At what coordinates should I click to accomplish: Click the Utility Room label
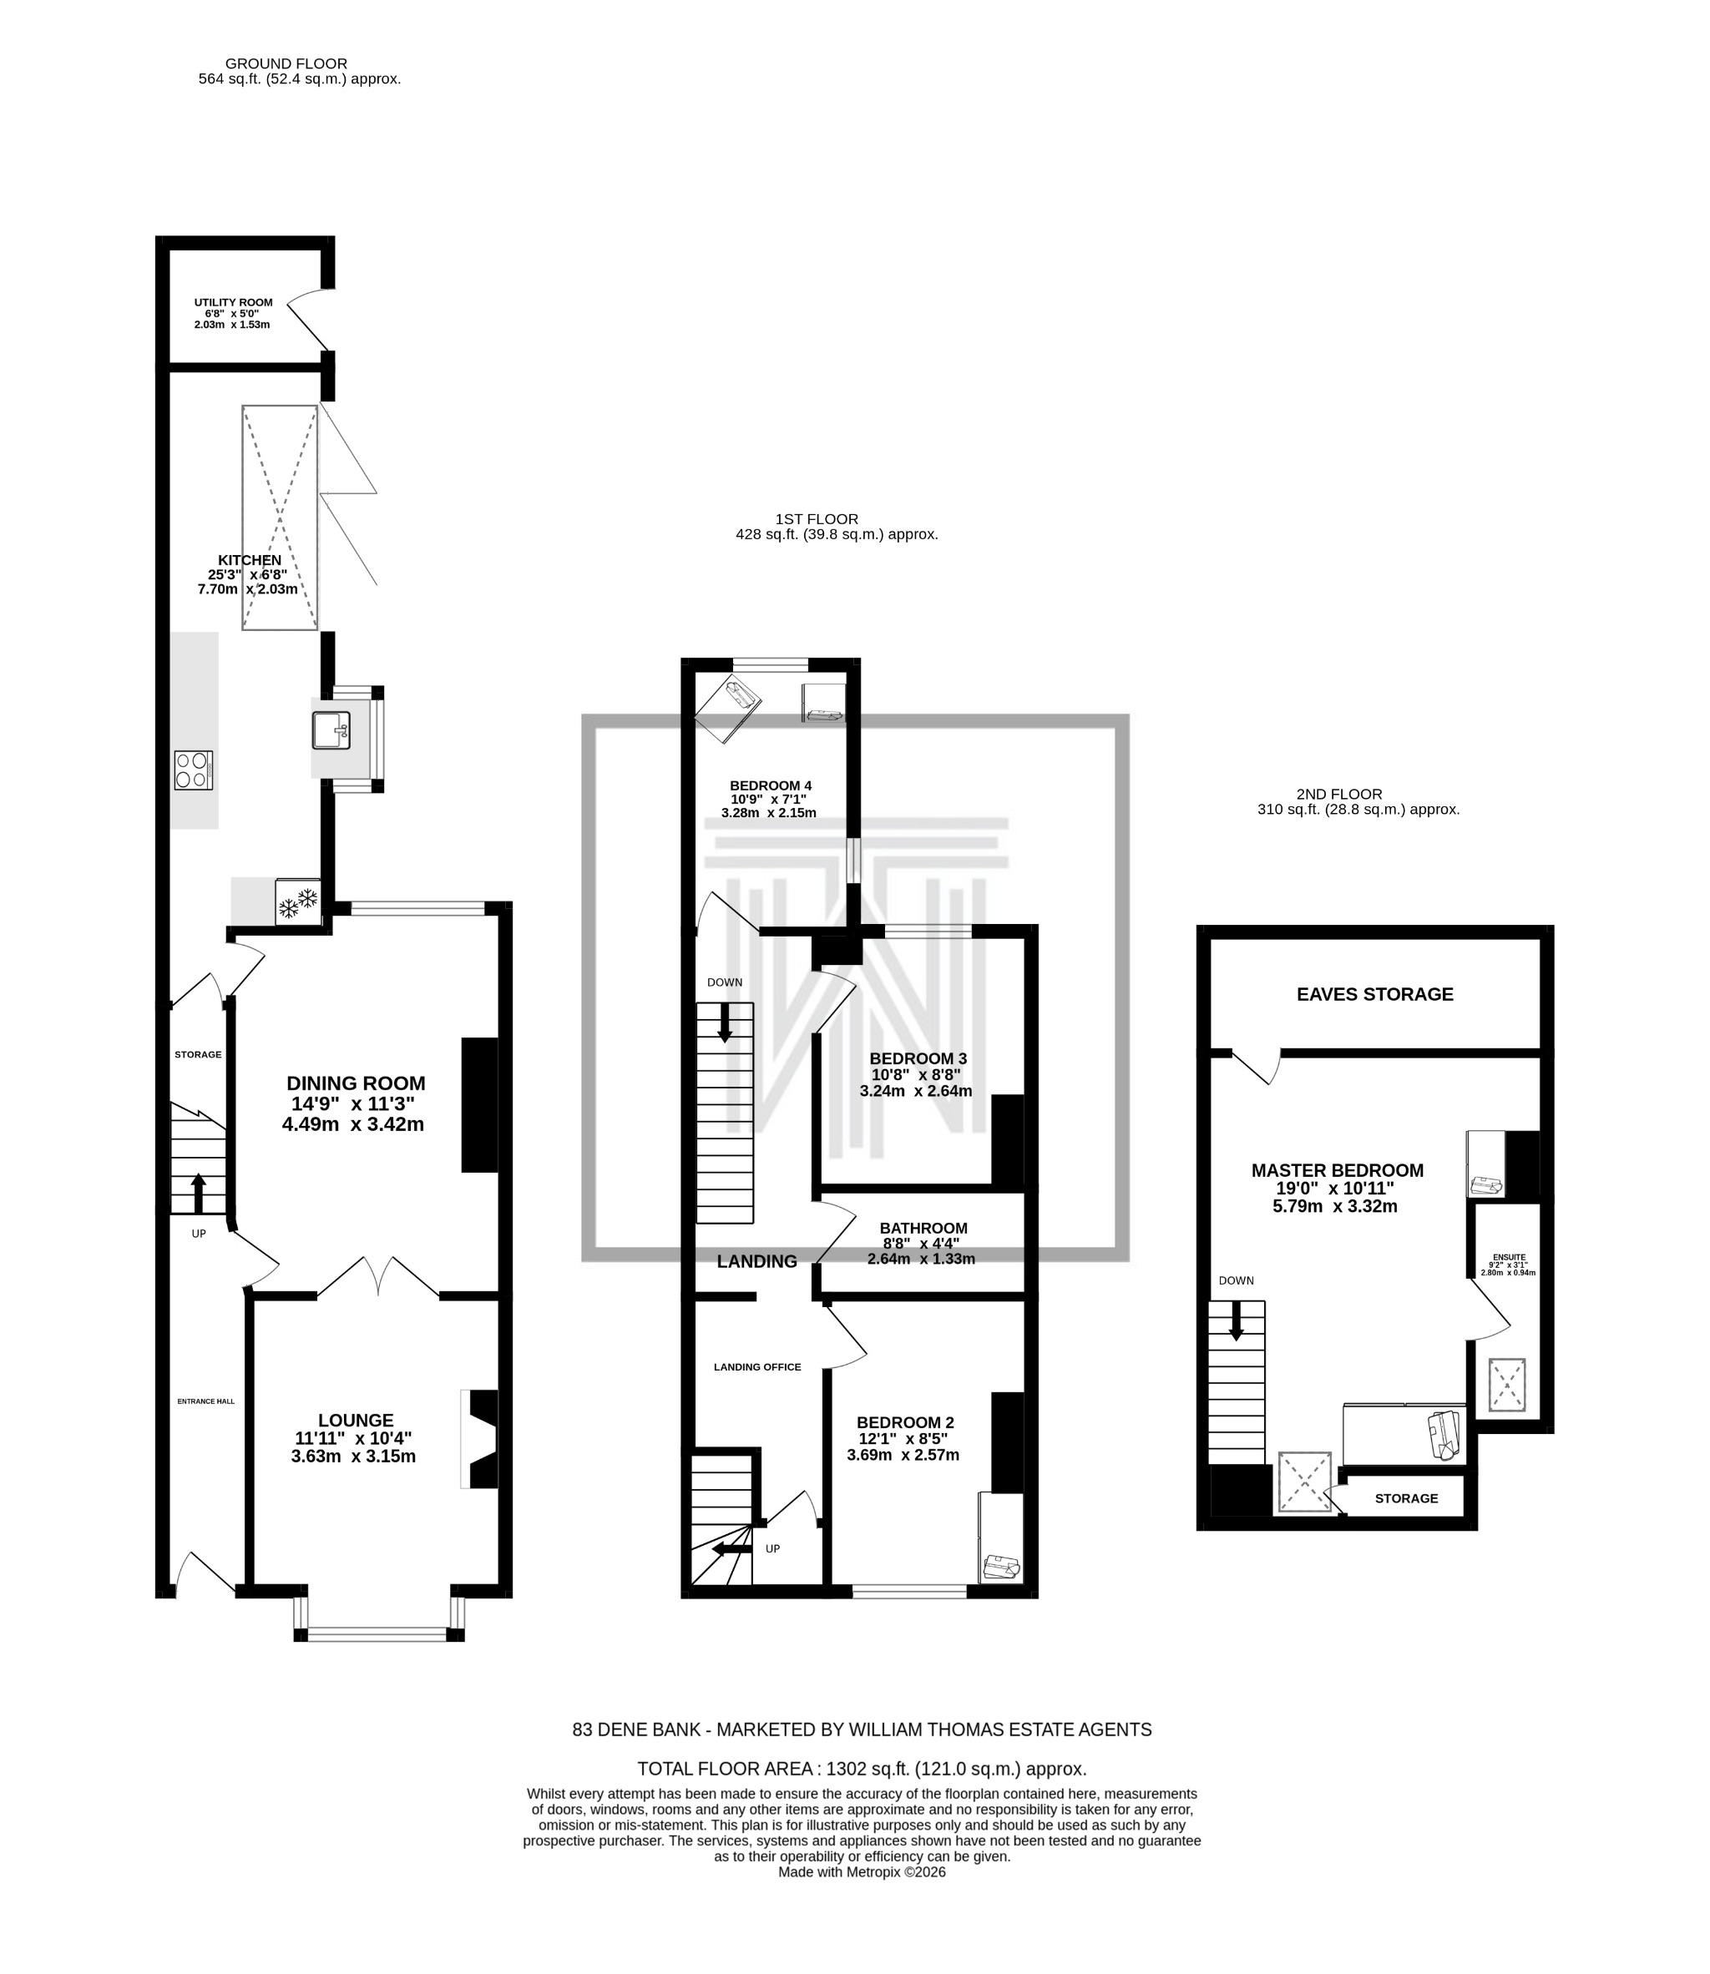(233, 302)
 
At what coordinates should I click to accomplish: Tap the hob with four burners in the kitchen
(193, 770)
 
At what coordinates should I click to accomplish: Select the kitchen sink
(331, 731)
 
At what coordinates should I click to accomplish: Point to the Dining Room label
(355, 1083)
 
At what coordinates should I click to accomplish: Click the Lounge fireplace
(480, 1439)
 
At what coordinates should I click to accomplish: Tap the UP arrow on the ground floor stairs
(199, 1193)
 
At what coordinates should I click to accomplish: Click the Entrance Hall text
(205, 1401)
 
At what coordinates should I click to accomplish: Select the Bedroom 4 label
(770, 786)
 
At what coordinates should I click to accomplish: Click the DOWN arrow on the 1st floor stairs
(724, 1022)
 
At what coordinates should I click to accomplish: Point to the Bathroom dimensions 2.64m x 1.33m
(921, 1259)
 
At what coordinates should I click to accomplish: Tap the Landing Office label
(756, 1367)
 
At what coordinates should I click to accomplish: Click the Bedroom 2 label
(904, 1421)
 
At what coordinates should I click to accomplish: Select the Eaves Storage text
(1374, 994)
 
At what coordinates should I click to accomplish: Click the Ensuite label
(1509, 1258)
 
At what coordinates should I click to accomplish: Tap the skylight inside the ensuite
(1507, 1386)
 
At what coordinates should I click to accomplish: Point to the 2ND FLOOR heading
(1338, 794)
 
